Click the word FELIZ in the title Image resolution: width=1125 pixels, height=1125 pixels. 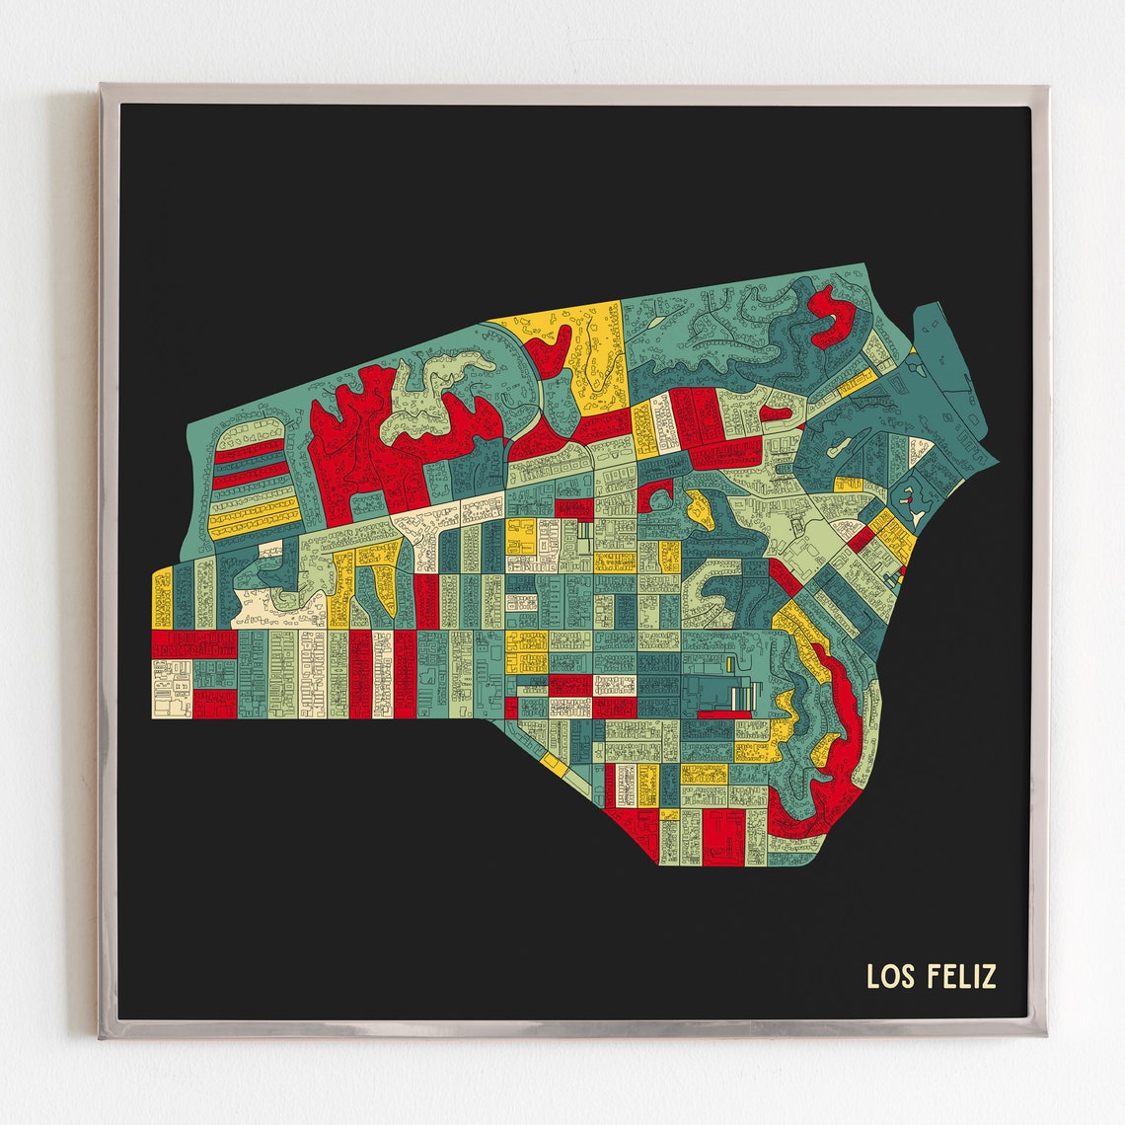pyautogui.click(x=962, y=976)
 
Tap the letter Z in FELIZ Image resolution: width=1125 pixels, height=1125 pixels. pyautogui.click(x=990, y=976)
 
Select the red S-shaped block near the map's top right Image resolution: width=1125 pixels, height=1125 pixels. pyautogui.click(x=831, y=316)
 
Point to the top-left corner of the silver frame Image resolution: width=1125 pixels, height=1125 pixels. pyautogui.click(x=102, y=87)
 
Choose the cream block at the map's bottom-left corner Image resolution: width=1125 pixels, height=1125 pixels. pyautogui.click(x=170, y=685)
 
